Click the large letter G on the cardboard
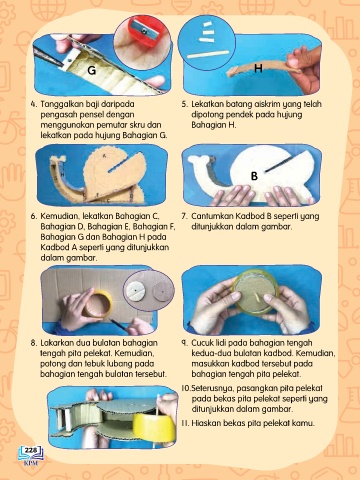91,70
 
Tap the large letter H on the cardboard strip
258,68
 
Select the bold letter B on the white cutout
254,176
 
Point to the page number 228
31,450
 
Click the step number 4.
34,104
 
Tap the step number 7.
184,216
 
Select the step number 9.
184,343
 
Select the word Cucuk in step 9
202,343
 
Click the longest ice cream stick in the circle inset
208,54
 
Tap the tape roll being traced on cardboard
97,304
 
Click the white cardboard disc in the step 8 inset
136,291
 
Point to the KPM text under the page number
31,463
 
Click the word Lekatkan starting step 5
207,104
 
